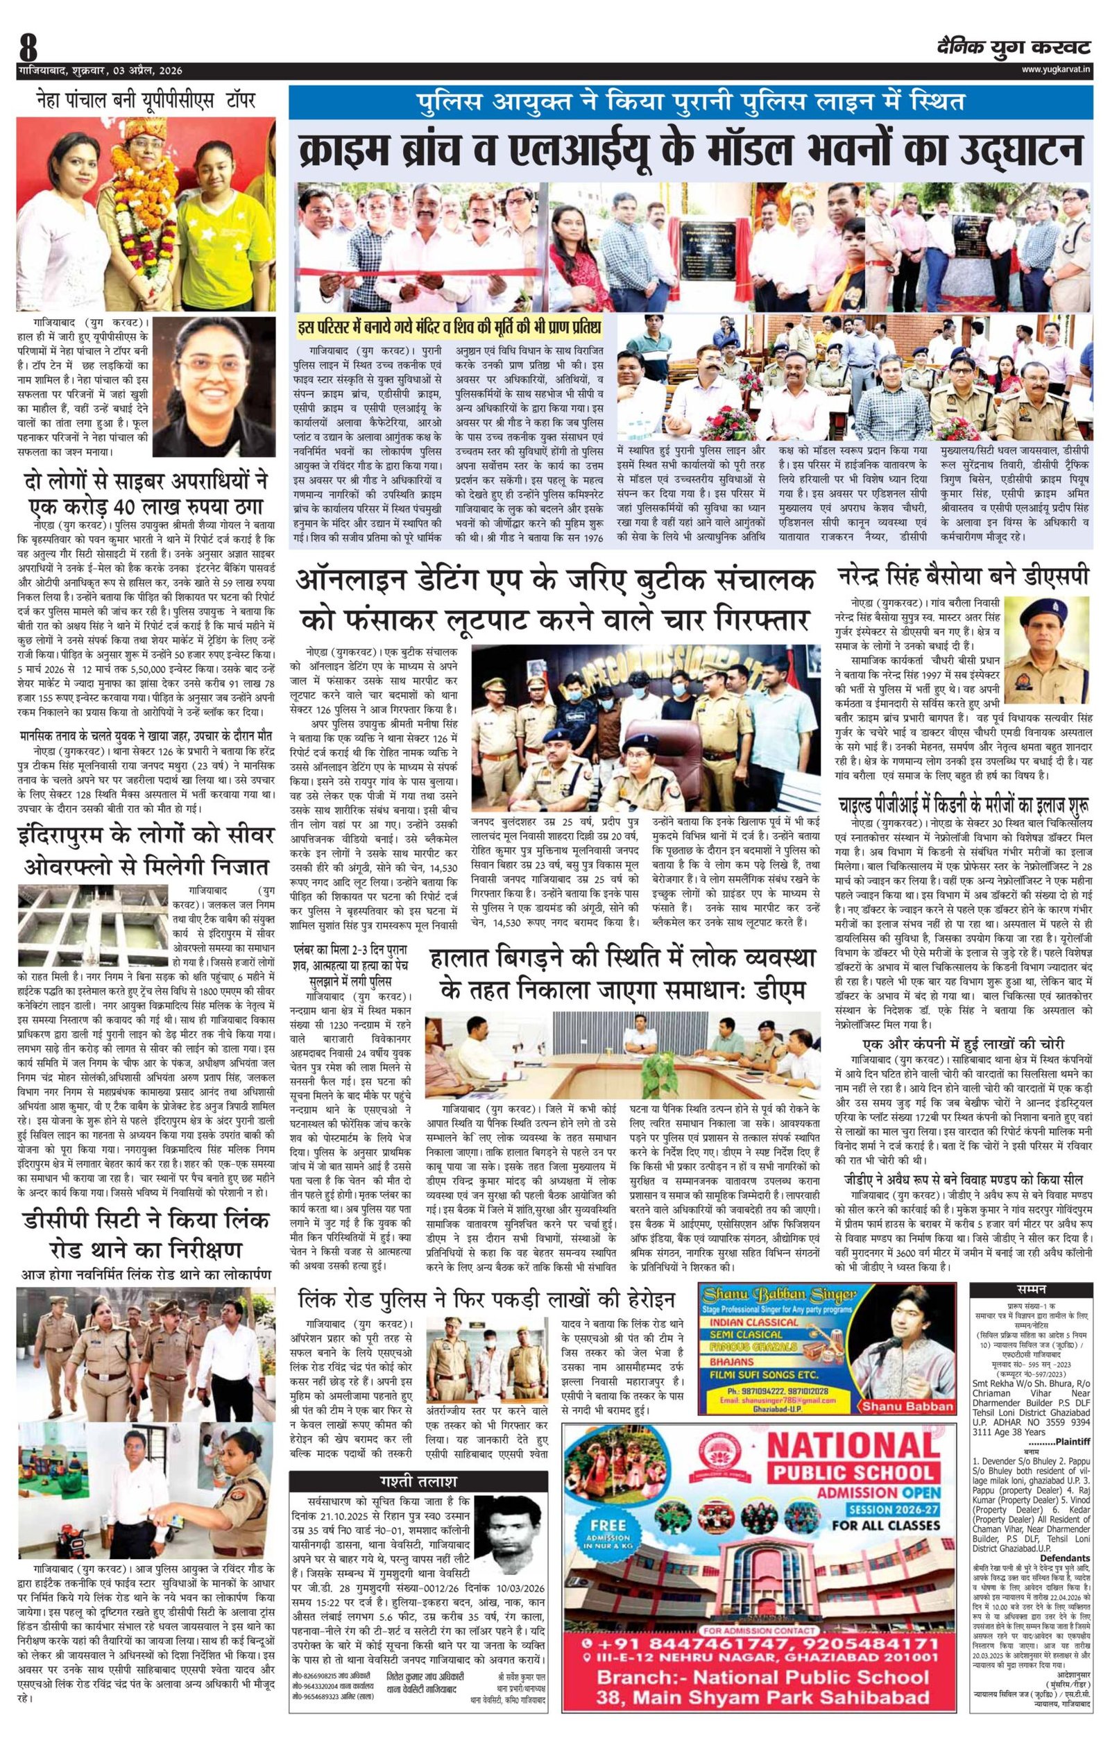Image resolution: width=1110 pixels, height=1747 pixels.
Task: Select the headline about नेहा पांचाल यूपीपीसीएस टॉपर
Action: click(x=146, y=100)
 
